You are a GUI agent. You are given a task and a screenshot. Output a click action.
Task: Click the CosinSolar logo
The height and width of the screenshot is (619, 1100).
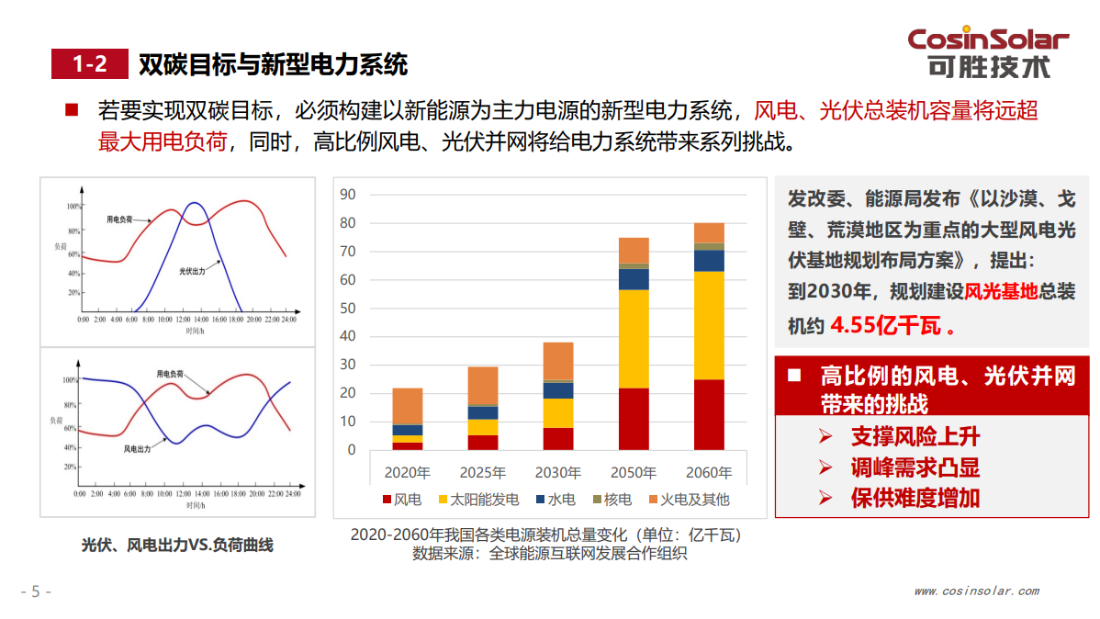tap(988, 52)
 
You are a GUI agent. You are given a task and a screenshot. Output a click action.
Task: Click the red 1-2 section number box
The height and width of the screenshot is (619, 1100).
tap(89, 64)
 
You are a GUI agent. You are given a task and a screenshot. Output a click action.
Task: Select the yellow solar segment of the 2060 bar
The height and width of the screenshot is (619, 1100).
tap(709, 325)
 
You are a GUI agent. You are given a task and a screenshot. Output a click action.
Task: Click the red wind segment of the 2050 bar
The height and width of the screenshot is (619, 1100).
tap(634, 418)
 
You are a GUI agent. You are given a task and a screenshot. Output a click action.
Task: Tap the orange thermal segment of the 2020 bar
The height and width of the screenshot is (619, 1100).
tap(408, 406)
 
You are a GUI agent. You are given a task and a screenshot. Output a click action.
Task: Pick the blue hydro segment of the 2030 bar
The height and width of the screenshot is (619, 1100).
tap(558, 390)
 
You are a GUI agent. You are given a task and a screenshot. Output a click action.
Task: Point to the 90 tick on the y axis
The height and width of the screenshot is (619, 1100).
tap(347, 194)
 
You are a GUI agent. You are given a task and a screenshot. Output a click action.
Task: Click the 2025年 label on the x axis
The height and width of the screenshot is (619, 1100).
tap(483, 474)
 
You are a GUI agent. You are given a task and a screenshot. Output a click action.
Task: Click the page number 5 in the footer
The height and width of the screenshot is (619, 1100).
tap(36, 591)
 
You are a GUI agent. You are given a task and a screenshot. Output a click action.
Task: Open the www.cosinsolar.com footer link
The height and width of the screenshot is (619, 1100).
tap(976, 591)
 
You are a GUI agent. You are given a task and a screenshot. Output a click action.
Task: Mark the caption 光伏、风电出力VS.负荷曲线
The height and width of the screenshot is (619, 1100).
tap(177, 545)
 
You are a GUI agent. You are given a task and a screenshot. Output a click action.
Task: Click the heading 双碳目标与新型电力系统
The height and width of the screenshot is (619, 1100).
tap(273, 64)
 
